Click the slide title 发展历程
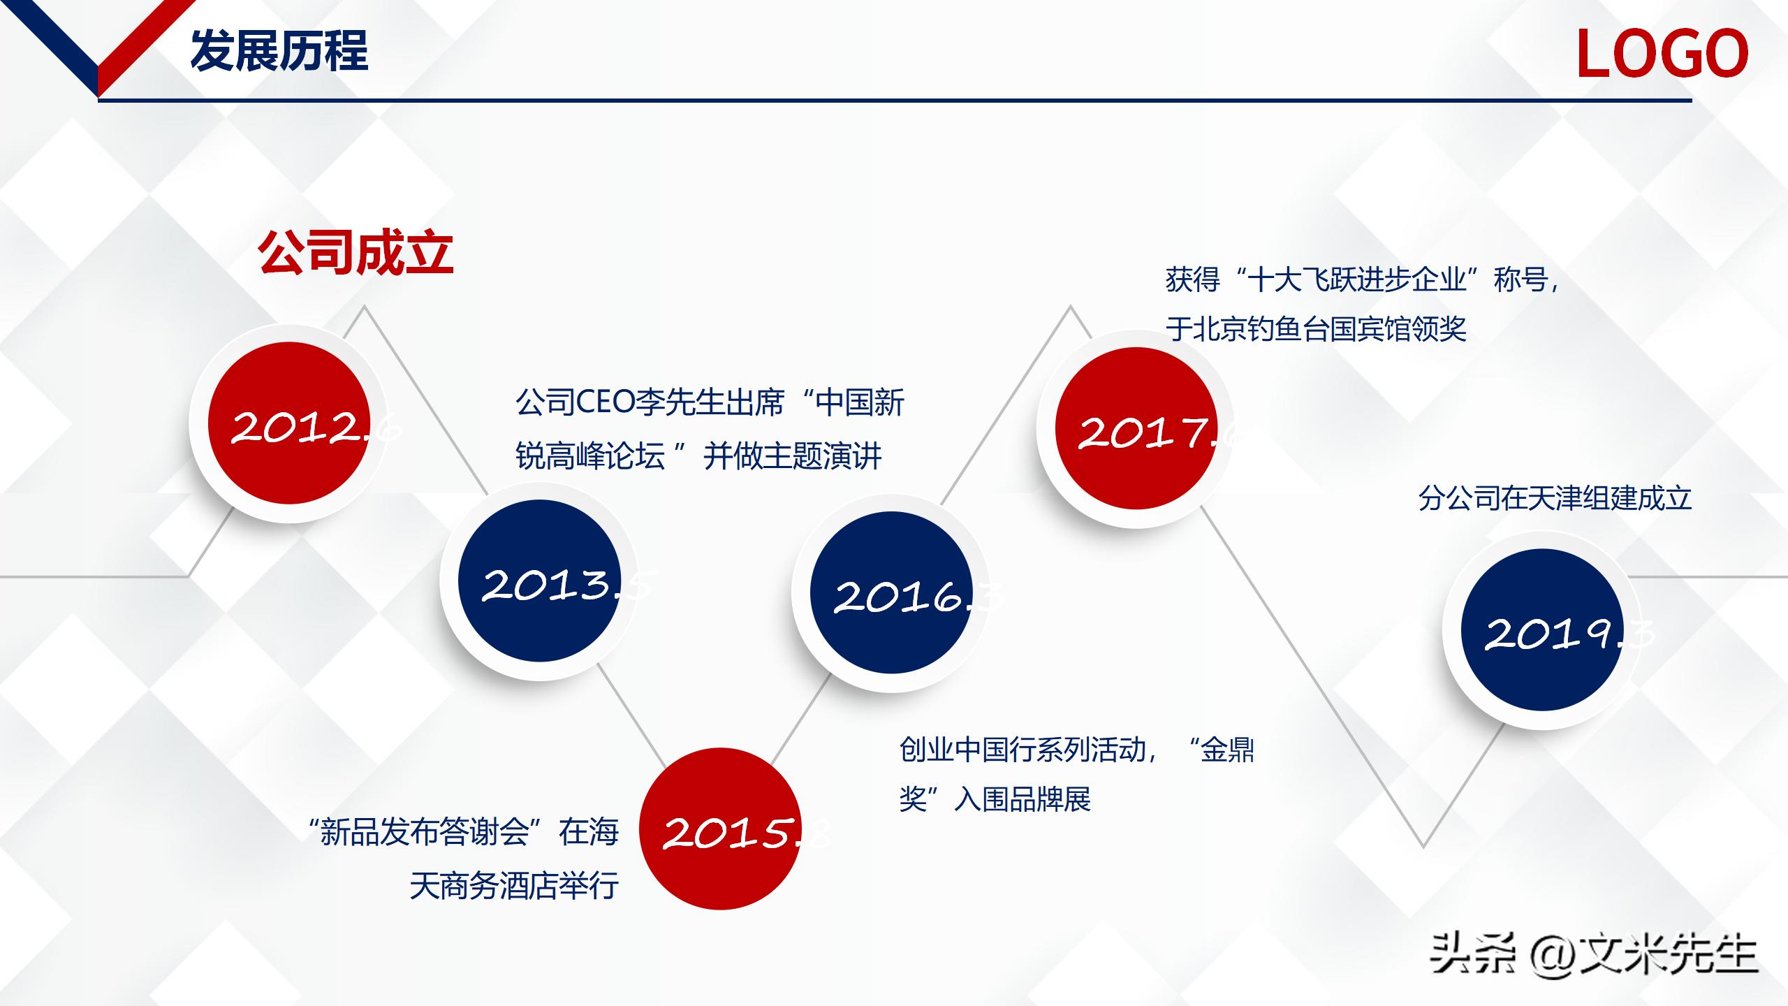click(x=279, y=51)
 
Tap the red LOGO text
click(x=1662, y=54)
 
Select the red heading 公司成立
click(x=356, y=252)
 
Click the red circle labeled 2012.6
click(x=288, y=423)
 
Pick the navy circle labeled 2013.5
click(x=539, y=581)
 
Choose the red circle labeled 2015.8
click(x=720, y=829)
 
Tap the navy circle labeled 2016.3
click(x=891, y=592)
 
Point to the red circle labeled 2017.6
click(x=1136, y=428)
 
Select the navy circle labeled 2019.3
click(x=1542, y=630)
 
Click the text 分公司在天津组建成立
click(x=1555, y=498)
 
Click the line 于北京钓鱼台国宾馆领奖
click(x=1316, y=329)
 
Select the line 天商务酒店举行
click(x=514, y=886)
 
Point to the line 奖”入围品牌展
click(x=995, y=799)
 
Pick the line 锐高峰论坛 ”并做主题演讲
click(x=698, y=456)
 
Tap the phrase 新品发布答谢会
click(x=425, y=832)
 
